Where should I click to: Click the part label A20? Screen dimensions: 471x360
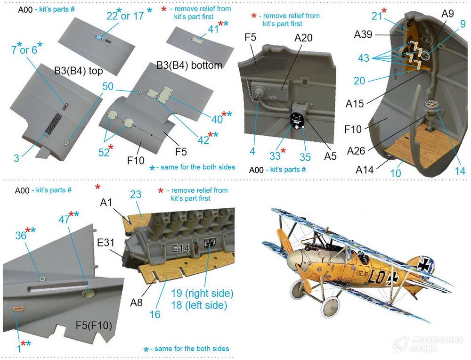point(303,38)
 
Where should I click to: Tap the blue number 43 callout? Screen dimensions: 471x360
point(364,57)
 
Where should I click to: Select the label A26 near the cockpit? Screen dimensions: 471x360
point(356,151)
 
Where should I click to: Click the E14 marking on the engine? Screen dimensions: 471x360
point(180,248)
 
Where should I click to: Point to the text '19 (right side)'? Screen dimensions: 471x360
point(202,293)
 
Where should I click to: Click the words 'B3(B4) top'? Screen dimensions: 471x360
point(78,71)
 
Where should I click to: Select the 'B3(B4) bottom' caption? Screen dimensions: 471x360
point(189,65)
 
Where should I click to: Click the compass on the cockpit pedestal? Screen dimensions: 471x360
point(431,105)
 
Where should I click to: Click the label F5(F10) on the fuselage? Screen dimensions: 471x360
point(94,325)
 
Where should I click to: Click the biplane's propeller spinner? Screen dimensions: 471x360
point(294,260)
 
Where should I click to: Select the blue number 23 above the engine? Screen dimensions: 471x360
point(136,195)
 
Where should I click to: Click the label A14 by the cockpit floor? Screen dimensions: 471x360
point(365,170)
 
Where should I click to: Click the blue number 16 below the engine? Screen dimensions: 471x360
point(155,314)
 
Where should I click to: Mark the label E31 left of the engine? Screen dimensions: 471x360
point(106,242)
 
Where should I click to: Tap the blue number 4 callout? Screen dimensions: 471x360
point(252,151)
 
